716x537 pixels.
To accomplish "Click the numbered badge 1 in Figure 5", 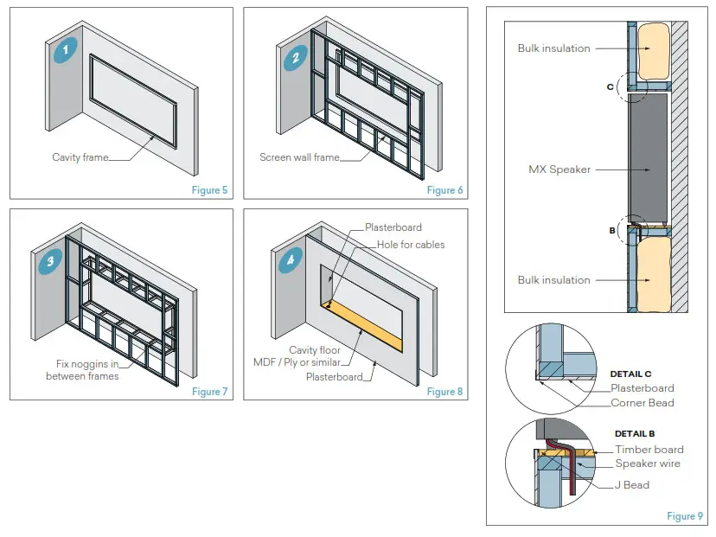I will point(63,50).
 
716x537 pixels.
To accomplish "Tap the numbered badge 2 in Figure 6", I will point(296,59).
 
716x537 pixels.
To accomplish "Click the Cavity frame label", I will point(80,157).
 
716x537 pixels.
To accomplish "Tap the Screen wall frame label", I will point(298,157).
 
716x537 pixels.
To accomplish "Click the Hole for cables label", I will point(411,245).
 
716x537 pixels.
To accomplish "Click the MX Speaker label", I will point(559,169).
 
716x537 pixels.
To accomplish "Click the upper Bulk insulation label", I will point(553,48).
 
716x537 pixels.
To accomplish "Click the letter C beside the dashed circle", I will point(610,86).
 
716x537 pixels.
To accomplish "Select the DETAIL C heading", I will point(630,374).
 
